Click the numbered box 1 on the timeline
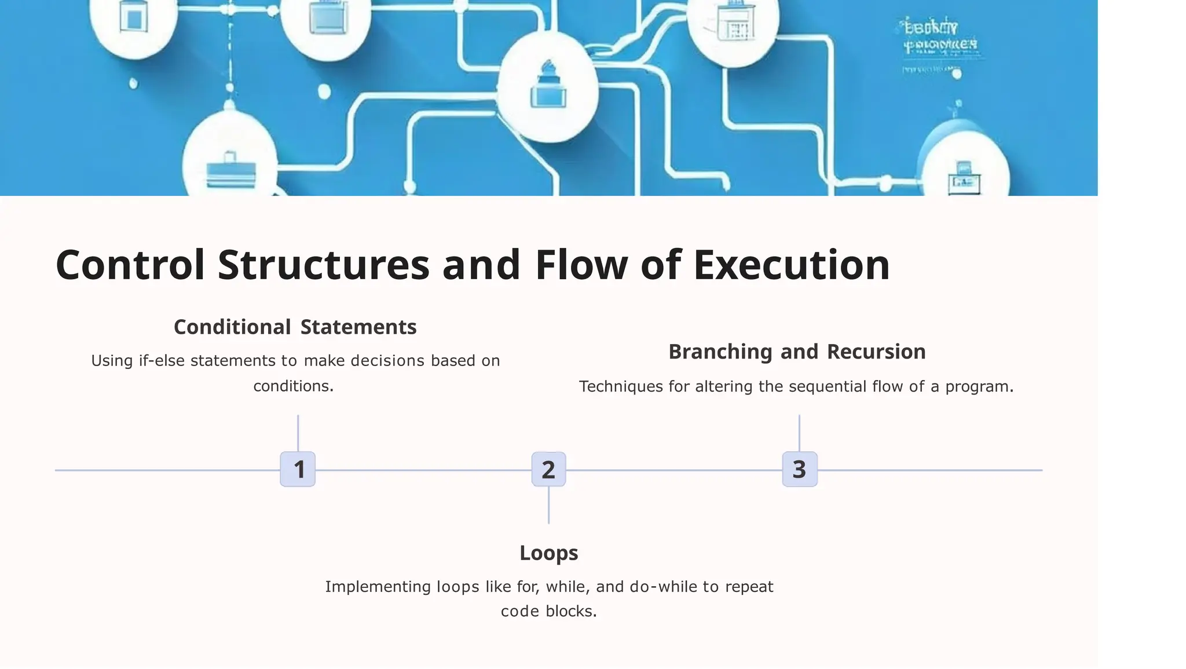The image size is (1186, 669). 298,469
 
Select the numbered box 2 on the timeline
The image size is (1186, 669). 548,469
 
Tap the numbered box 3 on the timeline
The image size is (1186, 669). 799,469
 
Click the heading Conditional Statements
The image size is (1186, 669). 295,327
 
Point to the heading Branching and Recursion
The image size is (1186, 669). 797,352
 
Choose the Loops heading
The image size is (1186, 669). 548,553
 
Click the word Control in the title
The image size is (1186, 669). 130,265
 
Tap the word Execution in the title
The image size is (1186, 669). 791,265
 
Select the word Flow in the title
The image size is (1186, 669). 581,265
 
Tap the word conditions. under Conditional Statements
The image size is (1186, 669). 294,386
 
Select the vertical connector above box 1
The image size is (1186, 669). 298,433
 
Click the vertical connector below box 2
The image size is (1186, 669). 548,505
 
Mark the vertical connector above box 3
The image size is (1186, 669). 799,433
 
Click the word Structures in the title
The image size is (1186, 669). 324,265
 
